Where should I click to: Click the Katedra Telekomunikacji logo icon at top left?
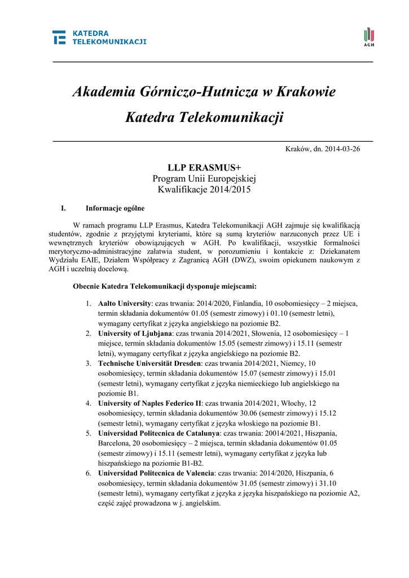point(59,37)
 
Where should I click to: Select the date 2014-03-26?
point(340,149)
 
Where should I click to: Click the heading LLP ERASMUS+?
point(204,168)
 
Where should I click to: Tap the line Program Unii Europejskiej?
point(204,179)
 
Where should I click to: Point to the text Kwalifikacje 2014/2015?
point(204,190)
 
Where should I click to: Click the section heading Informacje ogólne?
point(115,208)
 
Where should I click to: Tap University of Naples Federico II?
point(149,404)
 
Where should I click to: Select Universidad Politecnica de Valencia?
point(156,473)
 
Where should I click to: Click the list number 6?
point(89,473)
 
